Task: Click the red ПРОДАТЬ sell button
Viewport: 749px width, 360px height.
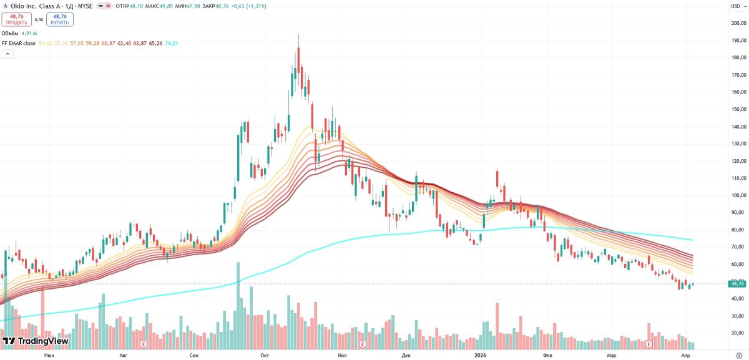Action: [x=16, y=19]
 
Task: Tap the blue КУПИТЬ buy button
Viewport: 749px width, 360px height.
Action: [x=60, y=19]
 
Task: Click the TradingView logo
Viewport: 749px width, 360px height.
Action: [x=36, y=341]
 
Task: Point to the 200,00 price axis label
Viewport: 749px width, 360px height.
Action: [x=738, y=23]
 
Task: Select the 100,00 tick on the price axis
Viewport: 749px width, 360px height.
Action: [x=738, y=195]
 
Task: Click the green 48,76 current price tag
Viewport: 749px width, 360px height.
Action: [x=737, y=284]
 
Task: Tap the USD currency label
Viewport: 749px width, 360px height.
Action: [x=736, y=6]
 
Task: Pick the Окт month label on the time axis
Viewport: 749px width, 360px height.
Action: [x=265, y=355]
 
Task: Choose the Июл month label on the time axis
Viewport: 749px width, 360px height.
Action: [x=49, y=355]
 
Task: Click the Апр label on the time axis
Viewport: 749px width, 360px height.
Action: [x=685, y=355]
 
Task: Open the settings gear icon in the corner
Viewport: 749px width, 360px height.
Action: [x=738, y=355]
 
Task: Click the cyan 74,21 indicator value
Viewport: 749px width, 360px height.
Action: [x=172, y=43]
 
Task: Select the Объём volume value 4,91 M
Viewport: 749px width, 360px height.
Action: [x=29, y=33]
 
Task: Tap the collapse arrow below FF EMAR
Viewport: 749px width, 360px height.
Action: [x=7, y=54]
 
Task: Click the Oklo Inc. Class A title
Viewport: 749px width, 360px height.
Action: [x=34, y=6]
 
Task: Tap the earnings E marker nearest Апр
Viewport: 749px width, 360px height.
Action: [x=649, y=344]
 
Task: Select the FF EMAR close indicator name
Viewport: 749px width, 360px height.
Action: [x=18, y=43]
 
